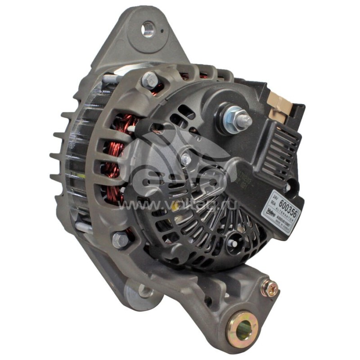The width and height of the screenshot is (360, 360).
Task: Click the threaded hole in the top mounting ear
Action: click(147, 30)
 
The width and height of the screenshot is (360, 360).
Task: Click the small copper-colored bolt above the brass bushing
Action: click(270, 288)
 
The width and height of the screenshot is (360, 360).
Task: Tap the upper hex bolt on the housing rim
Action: click(150, 81)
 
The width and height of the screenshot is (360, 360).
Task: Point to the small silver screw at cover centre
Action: click(185, 158)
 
